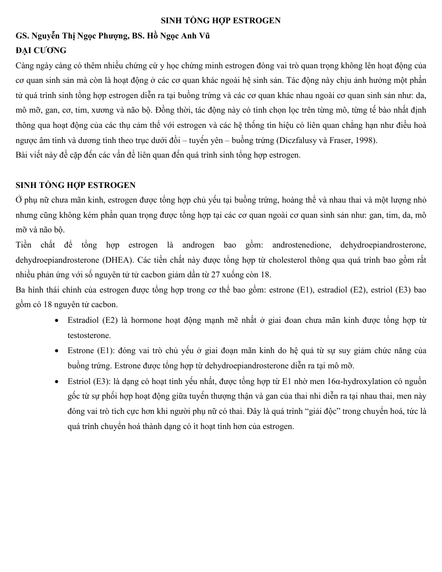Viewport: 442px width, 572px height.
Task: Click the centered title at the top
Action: [221, 21]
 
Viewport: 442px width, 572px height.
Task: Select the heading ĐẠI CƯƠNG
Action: [41, 50]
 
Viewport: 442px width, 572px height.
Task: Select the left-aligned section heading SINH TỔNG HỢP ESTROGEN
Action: [76, 186]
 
